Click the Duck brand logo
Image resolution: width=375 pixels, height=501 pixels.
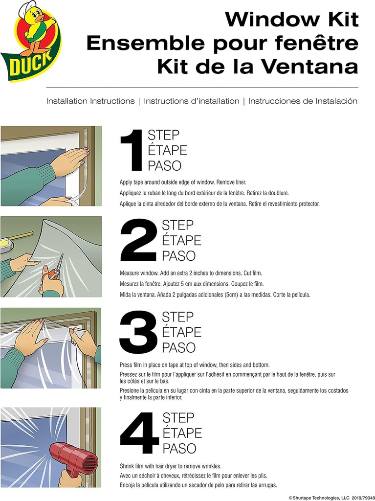click(x=30, y=41)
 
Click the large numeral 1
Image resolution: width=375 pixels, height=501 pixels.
click(x=132, y=150)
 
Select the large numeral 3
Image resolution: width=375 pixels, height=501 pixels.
click(x=139, y=332)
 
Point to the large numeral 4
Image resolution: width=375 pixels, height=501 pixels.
click(x=139, y=433)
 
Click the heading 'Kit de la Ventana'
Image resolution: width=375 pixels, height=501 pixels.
click(x=257, y=66)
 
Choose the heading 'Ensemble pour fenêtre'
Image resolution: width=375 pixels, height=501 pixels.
click(x=222, y=43)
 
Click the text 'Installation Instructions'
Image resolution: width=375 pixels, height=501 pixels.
click(x=90, y=101)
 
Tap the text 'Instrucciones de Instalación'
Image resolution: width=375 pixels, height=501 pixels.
click(x=303, y=101)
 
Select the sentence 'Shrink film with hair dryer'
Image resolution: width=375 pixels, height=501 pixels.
click(x=171, y=466)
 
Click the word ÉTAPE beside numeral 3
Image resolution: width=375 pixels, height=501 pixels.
click(x=181, y=332)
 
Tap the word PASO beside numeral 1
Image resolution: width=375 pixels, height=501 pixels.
click(x=164, y=165)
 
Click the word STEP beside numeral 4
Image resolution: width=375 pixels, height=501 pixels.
click(x=178, y=417)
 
